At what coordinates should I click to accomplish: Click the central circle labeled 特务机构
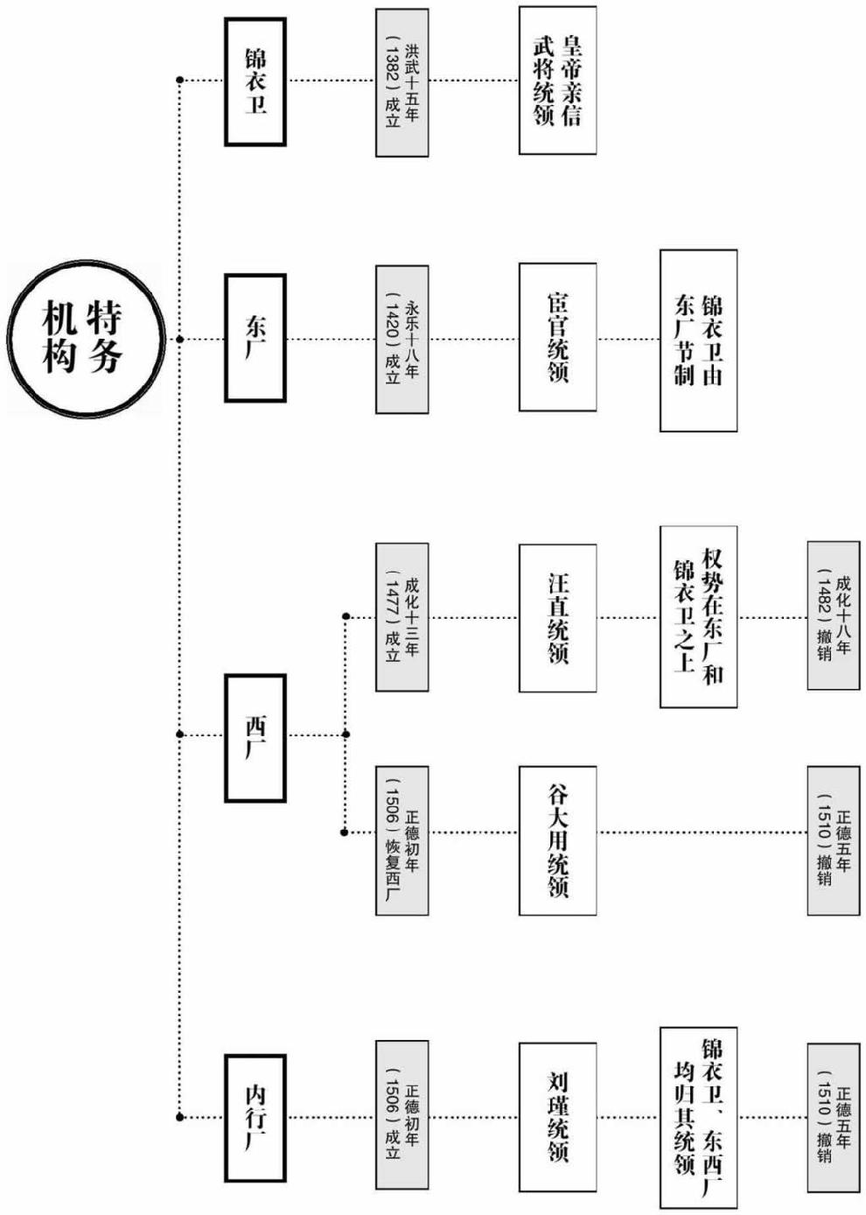(86, 338)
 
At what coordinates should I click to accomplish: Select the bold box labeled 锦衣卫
(255, 82)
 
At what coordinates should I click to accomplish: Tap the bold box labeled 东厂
(255, 338)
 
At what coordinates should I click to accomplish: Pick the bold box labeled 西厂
(255, 737)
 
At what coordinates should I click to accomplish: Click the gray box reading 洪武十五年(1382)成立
(402, 83)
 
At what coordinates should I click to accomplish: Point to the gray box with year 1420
(402, 339)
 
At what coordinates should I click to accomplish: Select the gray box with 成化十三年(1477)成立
(402, 616)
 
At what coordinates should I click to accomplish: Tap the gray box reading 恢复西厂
(402, 840)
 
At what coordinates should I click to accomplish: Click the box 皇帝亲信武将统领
(557, 81)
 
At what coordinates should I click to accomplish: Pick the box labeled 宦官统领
(557, 337)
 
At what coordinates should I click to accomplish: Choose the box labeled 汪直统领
(557, 618)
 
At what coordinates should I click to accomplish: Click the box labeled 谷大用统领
(557, 840)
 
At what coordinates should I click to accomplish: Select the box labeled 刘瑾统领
(557, 1117)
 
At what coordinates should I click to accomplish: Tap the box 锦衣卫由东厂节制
(698, 340)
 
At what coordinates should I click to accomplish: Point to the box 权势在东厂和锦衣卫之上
(698, 616)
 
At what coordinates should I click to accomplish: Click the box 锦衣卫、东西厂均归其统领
(698, 1117)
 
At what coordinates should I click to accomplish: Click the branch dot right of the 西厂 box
(346, 734)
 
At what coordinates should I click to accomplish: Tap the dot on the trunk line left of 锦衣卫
(180, 81)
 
